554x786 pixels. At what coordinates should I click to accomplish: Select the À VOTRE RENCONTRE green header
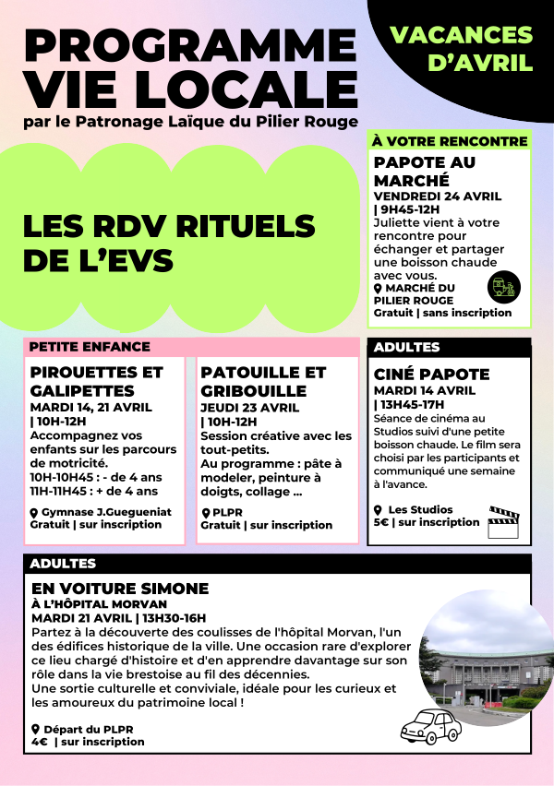[x=449, y=141]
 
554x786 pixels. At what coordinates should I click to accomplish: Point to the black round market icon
[x=503, y=287]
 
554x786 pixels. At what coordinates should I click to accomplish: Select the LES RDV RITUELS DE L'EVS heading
[x=169, y=244]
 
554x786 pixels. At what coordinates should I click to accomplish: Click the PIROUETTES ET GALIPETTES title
[x=96, y=381]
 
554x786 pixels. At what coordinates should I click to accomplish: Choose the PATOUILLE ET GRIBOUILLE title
[x=263, y=381]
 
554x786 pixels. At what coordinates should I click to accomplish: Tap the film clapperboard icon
[x=504, y=521]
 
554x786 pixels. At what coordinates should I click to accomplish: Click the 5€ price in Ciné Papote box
[x=380, y=522]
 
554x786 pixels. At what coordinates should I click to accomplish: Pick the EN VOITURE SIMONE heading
[x=120, y=588]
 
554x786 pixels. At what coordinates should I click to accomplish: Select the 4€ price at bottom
[x=39, y=741]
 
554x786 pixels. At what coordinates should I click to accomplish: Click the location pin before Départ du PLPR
[x=35, y=729]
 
